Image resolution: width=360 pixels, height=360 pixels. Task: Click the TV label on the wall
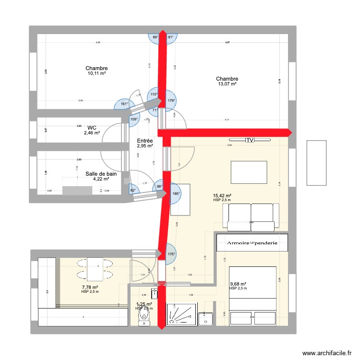coord(250,140)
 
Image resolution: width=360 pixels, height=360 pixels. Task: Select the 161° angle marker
coord(124,104)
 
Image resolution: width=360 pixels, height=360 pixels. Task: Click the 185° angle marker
coord(176,194)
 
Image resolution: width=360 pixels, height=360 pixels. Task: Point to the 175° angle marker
coord(171,255)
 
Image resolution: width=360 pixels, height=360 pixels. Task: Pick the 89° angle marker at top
coord(155,37)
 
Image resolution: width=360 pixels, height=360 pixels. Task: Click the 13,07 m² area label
coord(227,84)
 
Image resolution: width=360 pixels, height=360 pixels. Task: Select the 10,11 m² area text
coord(96,74)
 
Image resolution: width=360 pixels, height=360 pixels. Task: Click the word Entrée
coord(144,141)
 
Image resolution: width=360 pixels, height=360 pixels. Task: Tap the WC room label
coord(92,128)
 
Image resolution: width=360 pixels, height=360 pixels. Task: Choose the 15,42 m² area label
coord(222,195)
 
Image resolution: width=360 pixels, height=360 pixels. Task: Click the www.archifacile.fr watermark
coord(329,352)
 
